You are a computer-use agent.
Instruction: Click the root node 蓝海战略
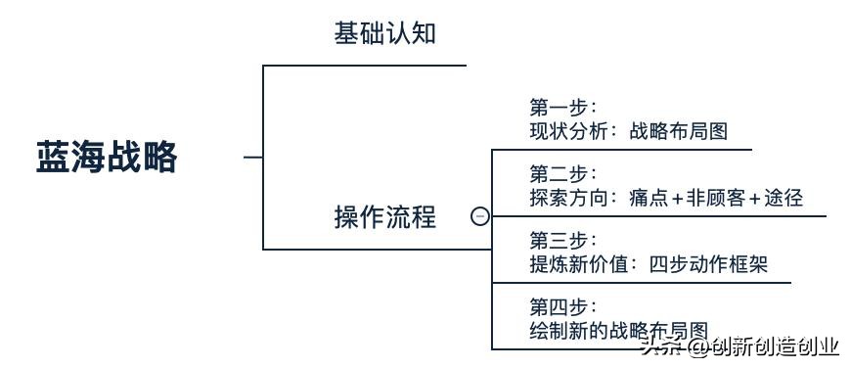107,157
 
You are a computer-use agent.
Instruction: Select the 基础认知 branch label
384,34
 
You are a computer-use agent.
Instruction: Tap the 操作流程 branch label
384,216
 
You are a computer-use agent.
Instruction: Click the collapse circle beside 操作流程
479,216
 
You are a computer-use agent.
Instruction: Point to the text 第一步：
562,107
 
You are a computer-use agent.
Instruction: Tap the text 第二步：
562,174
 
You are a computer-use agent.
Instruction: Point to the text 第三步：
562,240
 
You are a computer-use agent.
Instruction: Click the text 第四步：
562,306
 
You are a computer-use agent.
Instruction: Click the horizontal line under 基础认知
365,66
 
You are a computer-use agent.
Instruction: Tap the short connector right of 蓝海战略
252,157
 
